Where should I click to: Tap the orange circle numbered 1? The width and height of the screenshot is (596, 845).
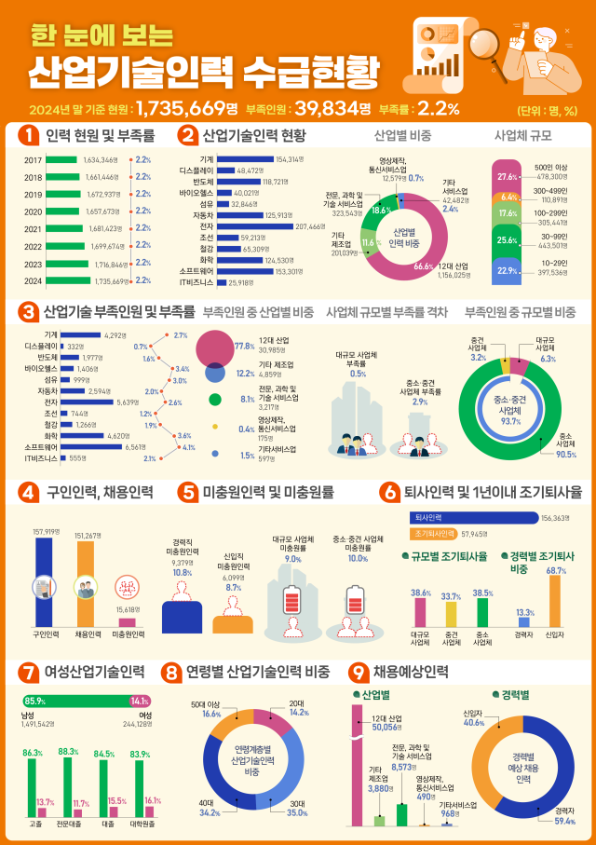click(x=29, y=135)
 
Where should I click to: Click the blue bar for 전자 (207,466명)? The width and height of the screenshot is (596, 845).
click(x=254, y=226)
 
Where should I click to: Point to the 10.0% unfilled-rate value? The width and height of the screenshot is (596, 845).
click(x=358, y=559)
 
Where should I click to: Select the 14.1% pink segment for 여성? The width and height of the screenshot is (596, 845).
click(x=142, y=701)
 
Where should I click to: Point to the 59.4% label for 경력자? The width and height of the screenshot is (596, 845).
click(x=564, y=821)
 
